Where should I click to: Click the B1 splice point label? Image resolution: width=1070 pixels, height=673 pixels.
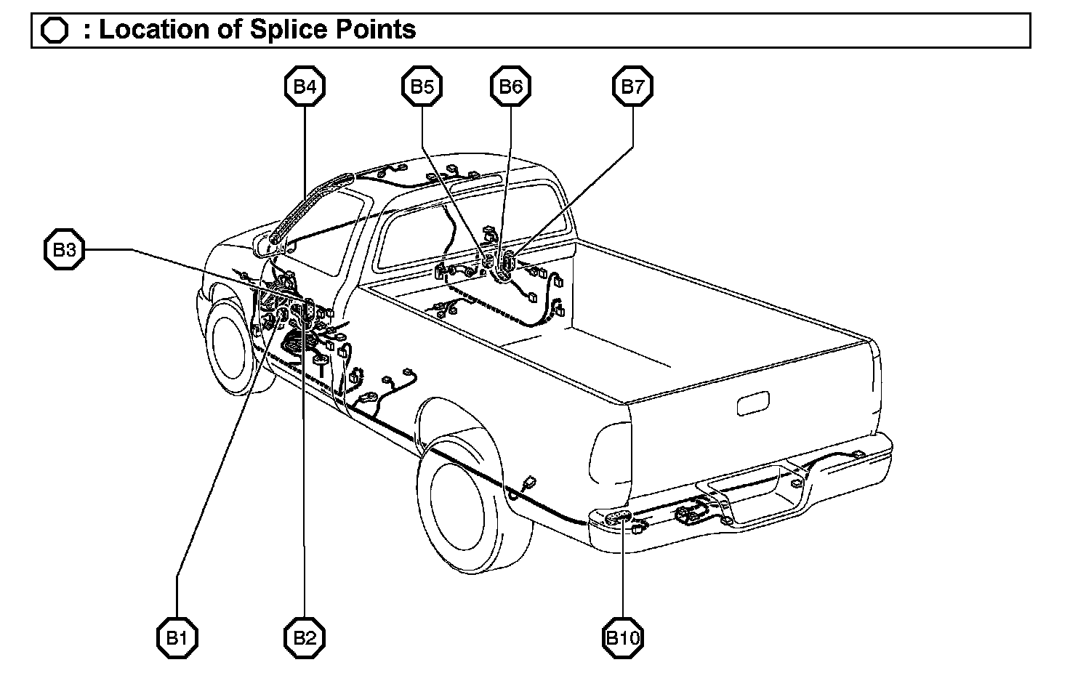(x=177, y=638)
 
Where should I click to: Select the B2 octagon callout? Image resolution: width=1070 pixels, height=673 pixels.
(x=305, y=638)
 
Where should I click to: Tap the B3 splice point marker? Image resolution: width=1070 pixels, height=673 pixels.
(x=65, y=251)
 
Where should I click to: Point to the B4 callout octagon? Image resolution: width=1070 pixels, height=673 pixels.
(x=305, y=87)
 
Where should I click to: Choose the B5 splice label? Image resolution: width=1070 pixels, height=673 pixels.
(x=422, y=87)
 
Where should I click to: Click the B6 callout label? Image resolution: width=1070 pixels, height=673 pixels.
(x=510, y=87)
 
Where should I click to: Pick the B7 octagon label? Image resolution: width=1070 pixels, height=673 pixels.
(x=632, y=87)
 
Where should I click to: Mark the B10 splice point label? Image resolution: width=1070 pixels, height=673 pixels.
(x=623, y=638)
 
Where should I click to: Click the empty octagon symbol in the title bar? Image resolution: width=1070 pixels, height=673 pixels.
(x=55, y=31)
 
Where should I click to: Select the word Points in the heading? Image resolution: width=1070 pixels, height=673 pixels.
(x=374, y=30)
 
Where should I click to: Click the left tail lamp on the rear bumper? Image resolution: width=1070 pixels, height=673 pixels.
(x=618, y=517)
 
